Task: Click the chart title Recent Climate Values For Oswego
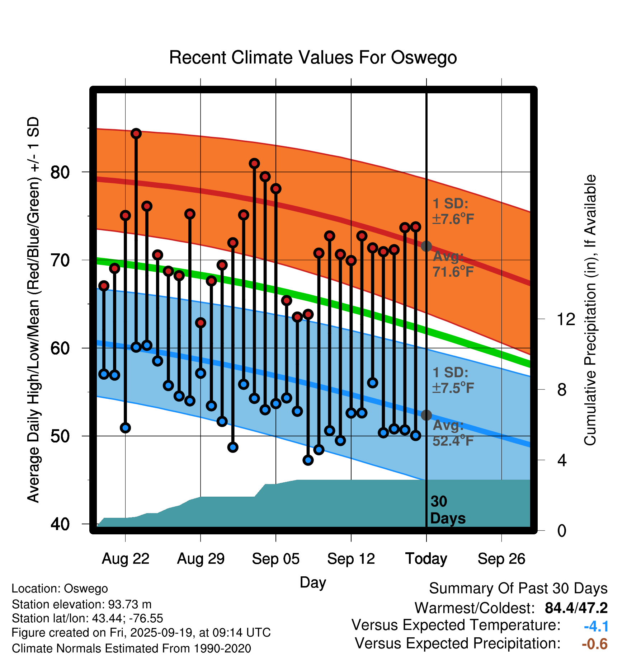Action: pos(313,57)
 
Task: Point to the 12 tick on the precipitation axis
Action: pos(566,319)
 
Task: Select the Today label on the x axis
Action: pos(426,559)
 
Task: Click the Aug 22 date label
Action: pos(126,559)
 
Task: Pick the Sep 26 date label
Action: pos(501,559)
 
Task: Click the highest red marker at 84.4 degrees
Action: pos(136,133)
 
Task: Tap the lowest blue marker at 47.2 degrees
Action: pos(308,460)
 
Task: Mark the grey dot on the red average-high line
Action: pos(426,246)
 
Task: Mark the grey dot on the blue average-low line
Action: pos(426,415)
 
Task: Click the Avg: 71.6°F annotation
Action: pos(453,264)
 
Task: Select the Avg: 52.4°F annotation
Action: pos(453,433)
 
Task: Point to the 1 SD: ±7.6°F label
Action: pos(453,211)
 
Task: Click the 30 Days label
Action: pos(447,510)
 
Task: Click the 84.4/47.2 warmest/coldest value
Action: pos(576,608)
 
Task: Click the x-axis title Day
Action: pos(313,582)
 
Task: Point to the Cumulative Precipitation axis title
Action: pos(590,310)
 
